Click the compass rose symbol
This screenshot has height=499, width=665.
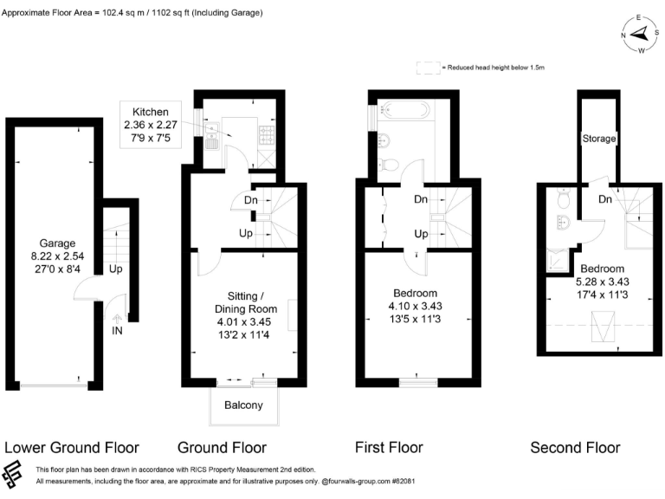pyautogui.click(x=641, y=34)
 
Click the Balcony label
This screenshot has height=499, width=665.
pyautogui.click(x=243, y=405)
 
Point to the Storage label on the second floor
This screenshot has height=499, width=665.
pyautogui.click(x=599, y=139)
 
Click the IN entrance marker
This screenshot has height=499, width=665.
pyautogui.click(x=116, y=330)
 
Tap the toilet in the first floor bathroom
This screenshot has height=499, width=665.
pyautogui.click(x=391, y=165)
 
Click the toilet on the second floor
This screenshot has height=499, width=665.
pyautogui.click(x=565, y=201)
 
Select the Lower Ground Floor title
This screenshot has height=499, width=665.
pyautogui.click(x=72, y=448)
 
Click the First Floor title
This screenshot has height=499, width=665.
pyautogui.click(x=389, y=448)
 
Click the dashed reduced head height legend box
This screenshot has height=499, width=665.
pyautogui.click(x=427, y=67)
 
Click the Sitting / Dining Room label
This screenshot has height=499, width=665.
pyautogui.click(x=246, y=301)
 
